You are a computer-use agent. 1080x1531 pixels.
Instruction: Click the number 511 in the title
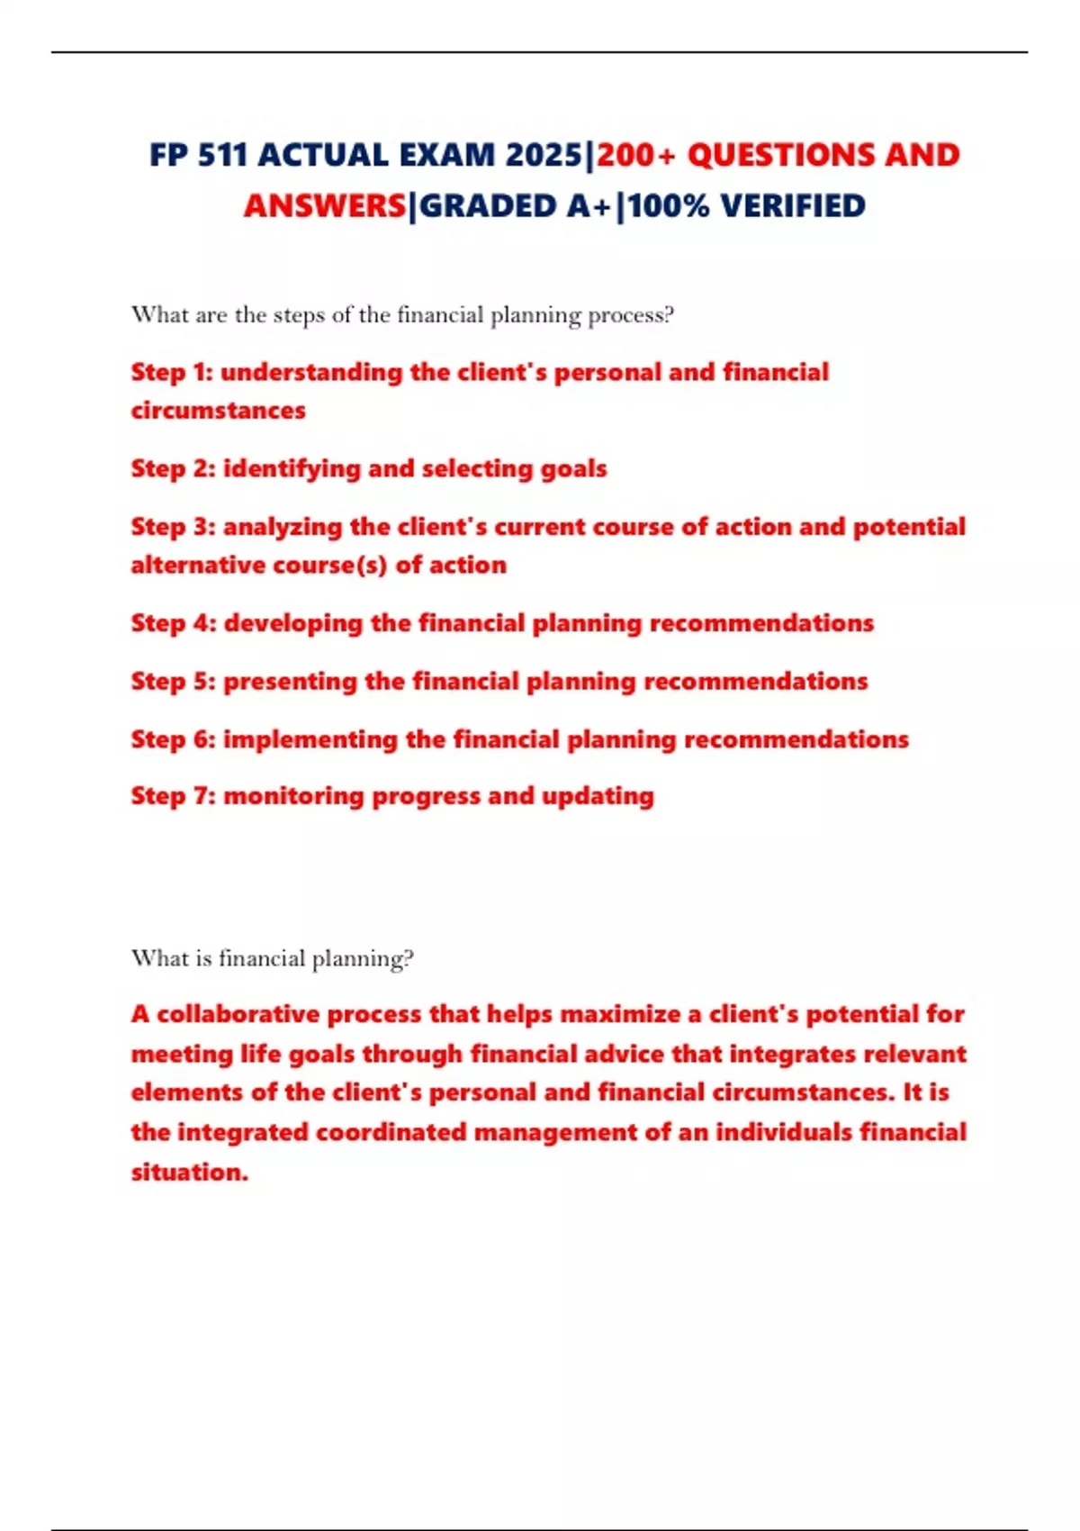pos(221,155)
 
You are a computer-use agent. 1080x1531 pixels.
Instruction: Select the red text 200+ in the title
pos(635,155)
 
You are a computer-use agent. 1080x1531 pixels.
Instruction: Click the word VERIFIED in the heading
pos(793,206)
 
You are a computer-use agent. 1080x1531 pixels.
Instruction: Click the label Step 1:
pos(171,372)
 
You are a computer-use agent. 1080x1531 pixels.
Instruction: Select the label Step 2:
pos(173,468)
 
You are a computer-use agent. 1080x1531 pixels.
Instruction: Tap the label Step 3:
pos(173,527)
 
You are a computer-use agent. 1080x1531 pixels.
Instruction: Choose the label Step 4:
pos(174,623)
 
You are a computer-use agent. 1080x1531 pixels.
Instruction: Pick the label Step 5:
pos(173,681)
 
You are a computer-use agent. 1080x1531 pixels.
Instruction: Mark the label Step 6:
pos(173,739)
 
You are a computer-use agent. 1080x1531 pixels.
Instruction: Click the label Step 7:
pos(173,796)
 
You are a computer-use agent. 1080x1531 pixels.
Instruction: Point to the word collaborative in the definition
pos(238,1014)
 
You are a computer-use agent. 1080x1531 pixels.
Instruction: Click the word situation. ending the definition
pos(189,1172)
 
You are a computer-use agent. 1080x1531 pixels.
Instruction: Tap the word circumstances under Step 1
pos(218,411)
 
